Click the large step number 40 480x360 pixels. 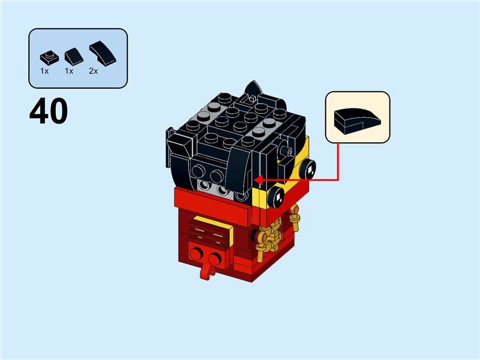coord(49,112)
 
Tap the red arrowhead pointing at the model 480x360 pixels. coord(257,179)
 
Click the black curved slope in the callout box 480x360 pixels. coord(357,119)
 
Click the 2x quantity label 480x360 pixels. coord(93,71)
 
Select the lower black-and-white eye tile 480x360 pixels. coord(277,194)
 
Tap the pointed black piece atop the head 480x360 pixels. coord(254,90)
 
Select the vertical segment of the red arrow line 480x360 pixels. coord(338,161)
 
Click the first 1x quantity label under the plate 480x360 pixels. coord(44,71)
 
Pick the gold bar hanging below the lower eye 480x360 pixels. coord(295,218)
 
